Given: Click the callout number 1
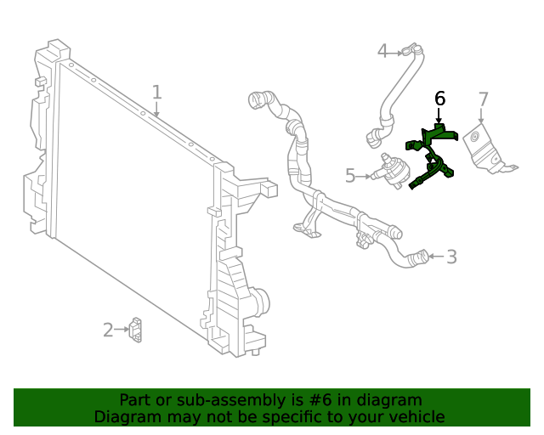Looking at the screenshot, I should pyautogui.click(x=156, y=92).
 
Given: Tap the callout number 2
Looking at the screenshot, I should pyautogui.click(x=108, y=330).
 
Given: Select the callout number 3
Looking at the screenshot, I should pyautogui.click(x=451, y=256).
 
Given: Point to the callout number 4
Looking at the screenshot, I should pyautogui.click(x=382, y=52).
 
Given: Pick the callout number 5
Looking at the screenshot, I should pyautogui.click(x=350, y=176).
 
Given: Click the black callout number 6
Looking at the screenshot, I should pyautogui.click(x=439, y=99).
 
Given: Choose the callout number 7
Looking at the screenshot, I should pyautogui.click(x=483, y=99).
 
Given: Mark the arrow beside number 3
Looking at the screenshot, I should pyautogui.click(x=435, y=256).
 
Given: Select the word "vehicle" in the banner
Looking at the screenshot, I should pyautogui.click(x=415, y=416).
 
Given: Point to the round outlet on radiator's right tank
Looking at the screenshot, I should pyautogui.click(x=261, y=300).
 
